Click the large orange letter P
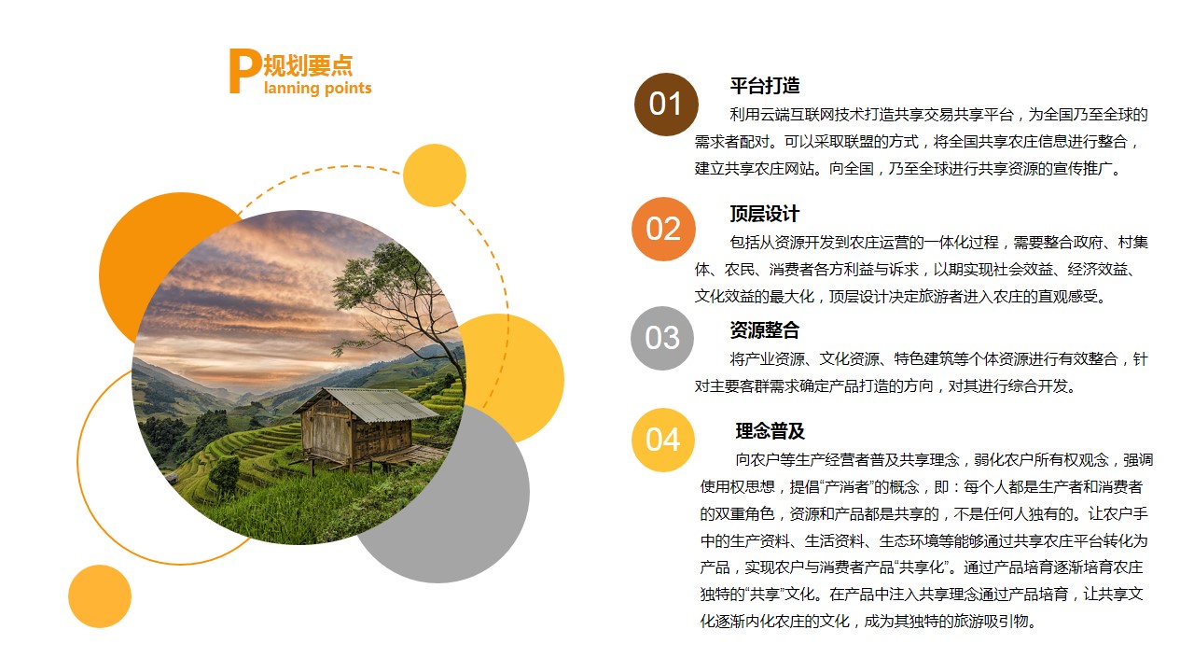[244, 71]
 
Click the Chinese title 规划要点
[308, 65]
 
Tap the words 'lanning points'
[318, 88]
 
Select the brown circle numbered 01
[666, 104]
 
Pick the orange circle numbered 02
[663, 229]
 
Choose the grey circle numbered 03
[662, 338]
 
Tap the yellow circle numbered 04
[663, 440]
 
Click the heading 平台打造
[765, 85]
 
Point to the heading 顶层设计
[765, 214]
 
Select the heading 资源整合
[765, 330]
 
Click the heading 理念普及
[771, 431]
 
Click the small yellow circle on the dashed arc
[435, 175]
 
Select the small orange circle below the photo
[100, 596]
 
